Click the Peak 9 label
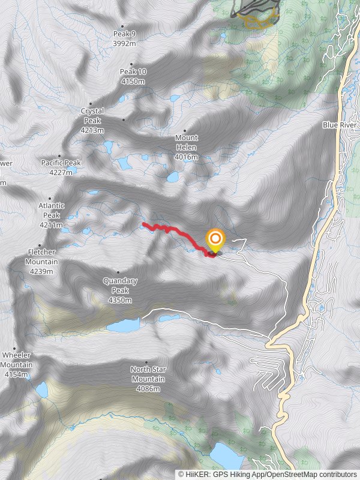tap(125, 34)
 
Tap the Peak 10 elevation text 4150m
tap(133, 81)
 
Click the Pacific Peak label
tap(61, 163)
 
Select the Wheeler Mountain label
tap(16, 365)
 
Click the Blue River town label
tap(339, 125)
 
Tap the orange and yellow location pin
tap(215, 241)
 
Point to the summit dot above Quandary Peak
tap(118, 272)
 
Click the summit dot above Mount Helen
tap(185, 130)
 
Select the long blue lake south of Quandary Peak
tap(123, 326)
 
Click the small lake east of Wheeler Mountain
tap(41, 390)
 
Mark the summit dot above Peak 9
tap(122, 26)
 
